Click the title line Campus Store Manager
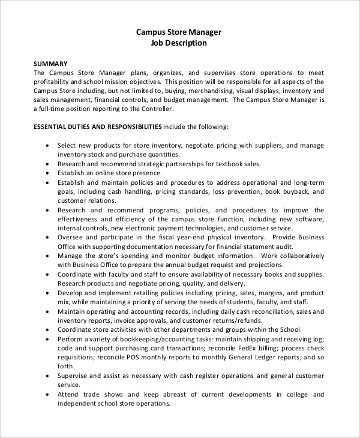coord(179,32)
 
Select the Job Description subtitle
coord(179,43)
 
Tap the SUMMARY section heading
coord(50,64)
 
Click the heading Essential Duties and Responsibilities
coord(97,127)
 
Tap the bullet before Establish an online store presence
coord(47,173)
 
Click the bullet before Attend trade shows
coord(47,395)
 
